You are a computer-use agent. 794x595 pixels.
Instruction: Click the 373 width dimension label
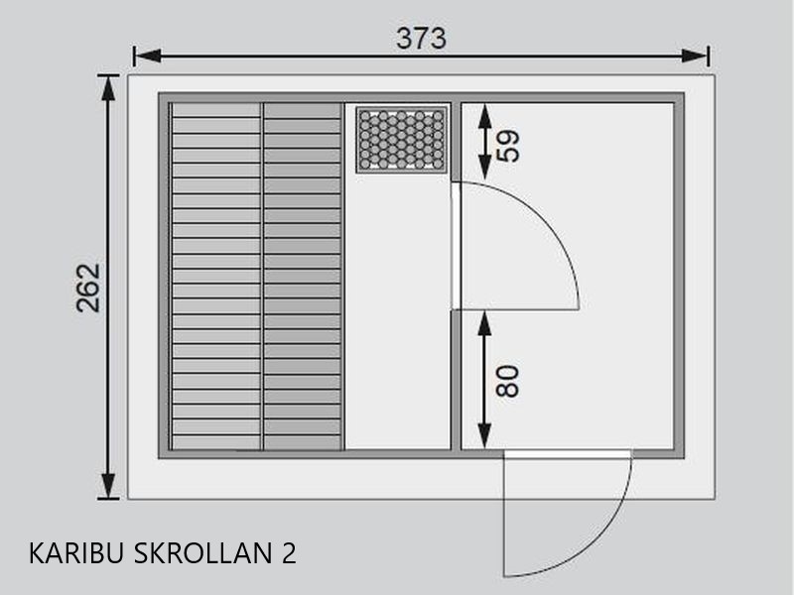pyautogui.click(x=421, y=39)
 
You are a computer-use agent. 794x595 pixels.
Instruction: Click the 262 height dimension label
pyautogui.click(x=88, y=288)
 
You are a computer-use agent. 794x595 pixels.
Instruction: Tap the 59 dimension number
pyautogui.click(x=508, y=146)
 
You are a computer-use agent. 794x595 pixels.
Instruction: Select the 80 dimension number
pyautogui.click(x=508, y=381)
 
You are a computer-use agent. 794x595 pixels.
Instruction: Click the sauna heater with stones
pyautogui.click(x=402, y=139)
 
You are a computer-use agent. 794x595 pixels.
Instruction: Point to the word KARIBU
pyautogui.click(x=76, y=553)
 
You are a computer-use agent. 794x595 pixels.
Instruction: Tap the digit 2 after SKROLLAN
pyautogui.click(x=288, y=553)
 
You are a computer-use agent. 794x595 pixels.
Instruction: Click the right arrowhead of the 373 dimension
pyautogui.click(x=695, y=56)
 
